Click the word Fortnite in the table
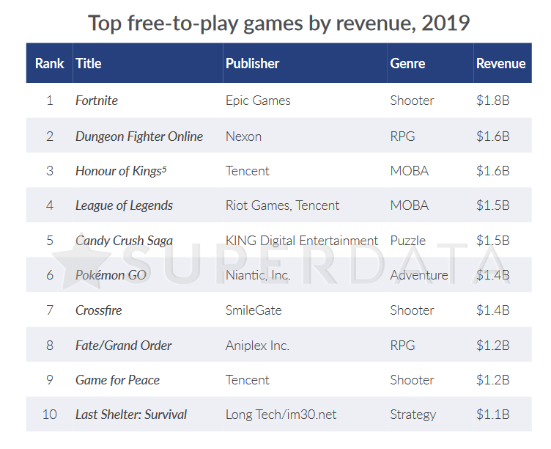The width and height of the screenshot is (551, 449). coord(96,101)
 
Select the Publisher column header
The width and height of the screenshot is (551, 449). coord(252,63)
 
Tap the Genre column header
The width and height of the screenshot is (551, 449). coord(407,63)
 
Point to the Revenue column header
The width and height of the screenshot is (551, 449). coord(500,63)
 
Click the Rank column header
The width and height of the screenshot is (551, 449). coord(49,63)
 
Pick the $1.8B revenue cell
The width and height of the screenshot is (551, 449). coord(492,101)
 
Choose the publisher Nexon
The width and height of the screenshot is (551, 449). coord(243,136)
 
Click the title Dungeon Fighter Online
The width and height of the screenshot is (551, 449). coord(138,136)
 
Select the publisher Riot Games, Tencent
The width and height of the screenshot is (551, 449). coord(282,205)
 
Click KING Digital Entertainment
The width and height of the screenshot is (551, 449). coord(302,241)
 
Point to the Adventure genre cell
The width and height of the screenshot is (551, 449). coord(419,275)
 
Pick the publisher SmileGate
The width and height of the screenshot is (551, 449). coord(254,310)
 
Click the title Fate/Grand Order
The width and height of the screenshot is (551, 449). coord(123,345)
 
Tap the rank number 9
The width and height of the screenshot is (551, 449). coord(50,380)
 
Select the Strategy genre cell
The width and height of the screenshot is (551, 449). coord(413,415)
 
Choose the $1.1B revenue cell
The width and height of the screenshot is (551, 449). coord(492,415)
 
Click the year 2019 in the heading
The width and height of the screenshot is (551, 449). coord(445,23)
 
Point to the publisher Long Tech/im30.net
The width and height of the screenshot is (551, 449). coord(281,415)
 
